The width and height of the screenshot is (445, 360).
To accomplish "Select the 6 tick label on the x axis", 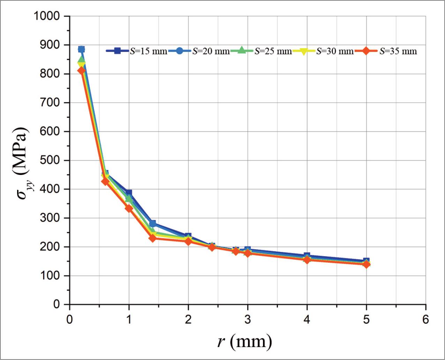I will pyautogui.click(x=425, y=320).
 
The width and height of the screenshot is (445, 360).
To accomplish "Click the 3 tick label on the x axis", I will pyautogui.click(x=248, y=320).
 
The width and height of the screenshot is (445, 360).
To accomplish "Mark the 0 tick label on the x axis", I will pyautogui.click(x=70, y=320).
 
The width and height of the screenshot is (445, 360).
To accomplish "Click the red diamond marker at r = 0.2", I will pyautogui.click(x=81, y=71).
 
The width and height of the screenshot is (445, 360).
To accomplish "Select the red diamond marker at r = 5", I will pyautogui.click(x=366, y=264).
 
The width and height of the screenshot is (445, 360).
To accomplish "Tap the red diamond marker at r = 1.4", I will pyautogui.click(x=152, y=238).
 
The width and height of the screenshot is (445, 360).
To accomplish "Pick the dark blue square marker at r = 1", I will pyautogui.click(x=129, y=193).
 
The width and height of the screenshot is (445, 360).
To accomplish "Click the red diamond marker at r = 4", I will pyautogui.click(x=307, y=260).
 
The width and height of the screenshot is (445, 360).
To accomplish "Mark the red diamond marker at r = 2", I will pyautogui.click(x=188, y=241).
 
